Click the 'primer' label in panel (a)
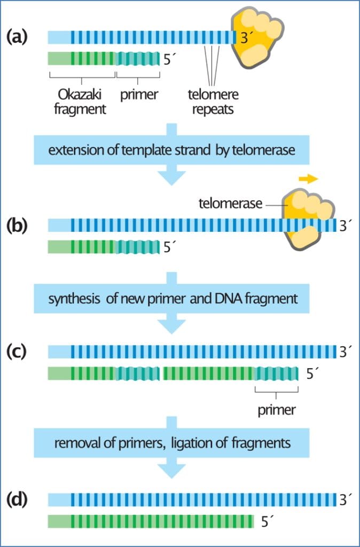point(139,95)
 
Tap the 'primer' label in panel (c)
point(277,410)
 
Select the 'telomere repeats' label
point(213,102)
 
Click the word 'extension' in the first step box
point(72,151)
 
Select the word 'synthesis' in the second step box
point(71,298)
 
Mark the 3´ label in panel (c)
point(345,351)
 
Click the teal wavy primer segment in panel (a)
point(138,58)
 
